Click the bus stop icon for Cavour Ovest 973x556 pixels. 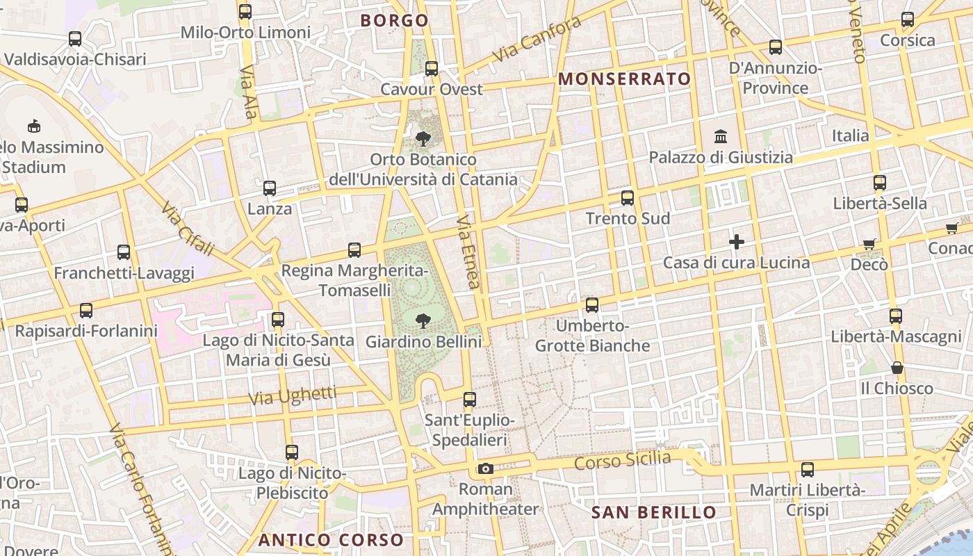432,69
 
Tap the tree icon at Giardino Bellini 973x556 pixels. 422,321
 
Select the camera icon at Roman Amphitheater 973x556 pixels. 486,469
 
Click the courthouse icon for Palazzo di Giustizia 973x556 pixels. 721,137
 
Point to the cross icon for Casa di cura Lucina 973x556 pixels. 737,242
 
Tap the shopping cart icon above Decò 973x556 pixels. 869,244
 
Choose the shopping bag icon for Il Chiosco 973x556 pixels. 897,368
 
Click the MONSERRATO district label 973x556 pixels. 625,79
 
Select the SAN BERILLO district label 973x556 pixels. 653,513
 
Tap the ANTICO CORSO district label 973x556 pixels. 331,540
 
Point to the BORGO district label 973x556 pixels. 395,21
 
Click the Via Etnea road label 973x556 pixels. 468,252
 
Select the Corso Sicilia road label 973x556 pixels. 623,461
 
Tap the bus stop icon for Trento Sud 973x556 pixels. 628,198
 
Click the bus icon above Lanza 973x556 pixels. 270,188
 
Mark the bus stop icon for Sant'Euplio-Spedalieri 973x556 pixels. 470,400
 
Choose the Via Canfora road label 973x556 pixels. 537,39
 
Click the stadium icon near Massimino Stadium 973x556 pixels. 33,126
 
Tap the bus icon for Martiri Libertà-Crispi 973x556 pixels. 807,470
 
